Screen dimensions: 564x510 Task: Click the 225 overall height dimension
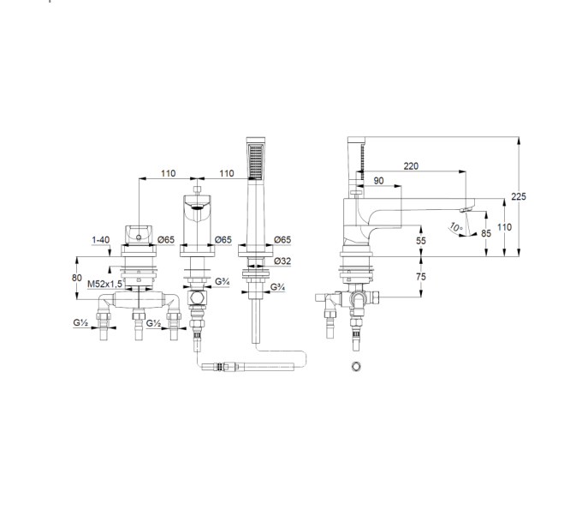[519, 196]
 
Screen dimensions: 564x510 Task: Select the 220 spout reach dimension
[411, 166]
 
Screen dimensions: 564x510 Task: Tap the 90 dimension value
[378, 181]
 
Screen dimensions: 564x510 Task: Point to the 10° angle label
[455, 228]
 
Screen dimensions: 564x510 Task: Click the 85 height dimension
[486, 233]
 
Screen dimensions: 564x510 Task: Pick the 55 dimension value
[421, 241]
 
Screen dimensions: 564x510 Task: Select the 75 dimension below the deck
[421, 277]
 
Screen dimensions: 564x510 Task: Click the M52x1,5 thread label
[105, 285]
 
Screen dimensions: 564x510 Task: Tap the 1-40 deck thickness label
[101, 240]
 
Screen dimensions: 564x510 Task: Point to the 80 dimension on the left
[77, 278]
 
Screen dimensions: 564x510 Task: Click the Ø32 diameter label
[282, 261]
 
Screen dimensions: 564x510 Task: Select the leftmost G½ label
[80, 322]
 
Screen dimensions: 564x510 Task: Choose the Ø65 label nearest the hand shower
[282, 239]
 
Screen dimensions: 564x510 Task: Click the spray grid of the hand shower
[255, 161]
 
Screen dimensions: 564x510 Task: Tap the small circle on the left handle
[140, 237]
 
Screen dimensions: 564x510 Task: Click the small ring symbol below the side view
[356, 367]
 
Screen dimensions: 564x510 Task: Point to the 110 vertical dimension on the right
[504, 227]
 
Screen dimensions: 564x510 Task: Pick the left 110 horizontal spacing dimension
[168, 174]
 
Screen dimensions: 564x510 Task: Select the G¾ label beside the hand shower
[277, 287]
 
